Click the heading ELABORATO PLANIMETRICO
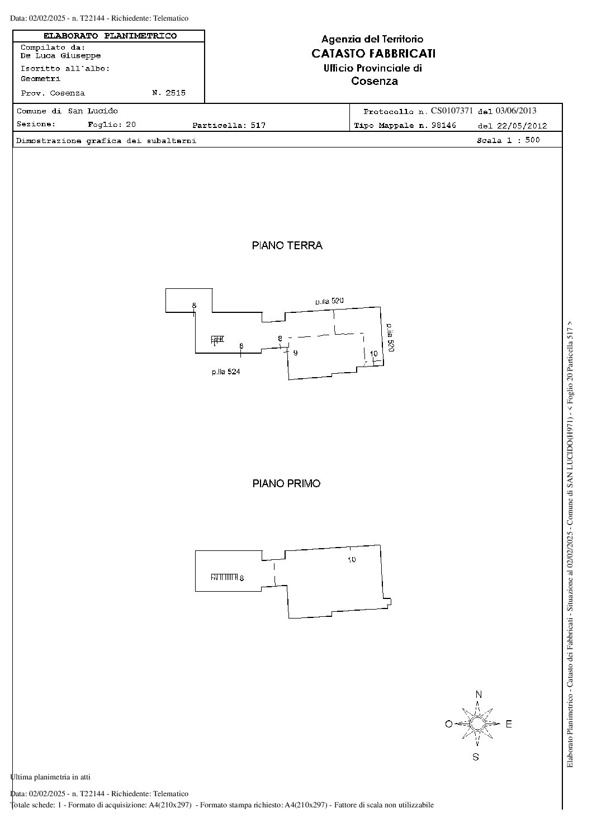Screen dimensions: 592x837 point(110,36)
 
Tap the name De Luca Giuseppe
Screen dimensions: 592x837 point(60,56)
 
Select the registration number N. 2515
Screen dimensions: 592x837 point(169,93)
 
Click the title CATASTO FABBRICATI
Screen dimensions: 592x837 point(373,54)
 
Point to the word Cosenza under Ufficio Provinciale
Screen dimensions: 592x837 point(375,81)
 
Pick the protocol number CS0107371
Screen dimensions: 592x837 point(452,111)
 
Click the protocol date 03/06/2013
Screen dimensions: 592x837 point(516,111)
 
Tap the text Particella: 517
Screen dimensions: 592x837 point(229,125)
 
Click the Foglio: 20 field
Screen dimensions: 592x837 point(112,125)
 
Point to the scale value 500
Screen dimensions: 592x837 point(532,140)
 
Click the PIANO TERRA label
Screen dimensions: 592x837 point(287,245)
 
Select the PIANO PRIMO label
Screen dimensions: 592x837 point(287,483)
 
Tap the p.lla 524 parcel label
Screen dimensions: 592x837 point(226,372)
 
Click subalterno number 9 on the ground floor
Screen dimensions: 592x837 point(296,353)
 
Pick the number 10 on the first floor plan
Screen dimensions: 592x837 point(352,560)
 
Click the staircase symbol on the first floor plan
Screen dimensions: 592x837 point(224,577)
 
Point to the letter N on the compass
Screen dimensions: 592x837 point(479,695)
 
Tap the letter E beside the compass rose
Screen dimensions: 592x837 point(509,724)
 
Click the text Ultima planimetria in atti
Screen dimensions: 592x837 point(50,774)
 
